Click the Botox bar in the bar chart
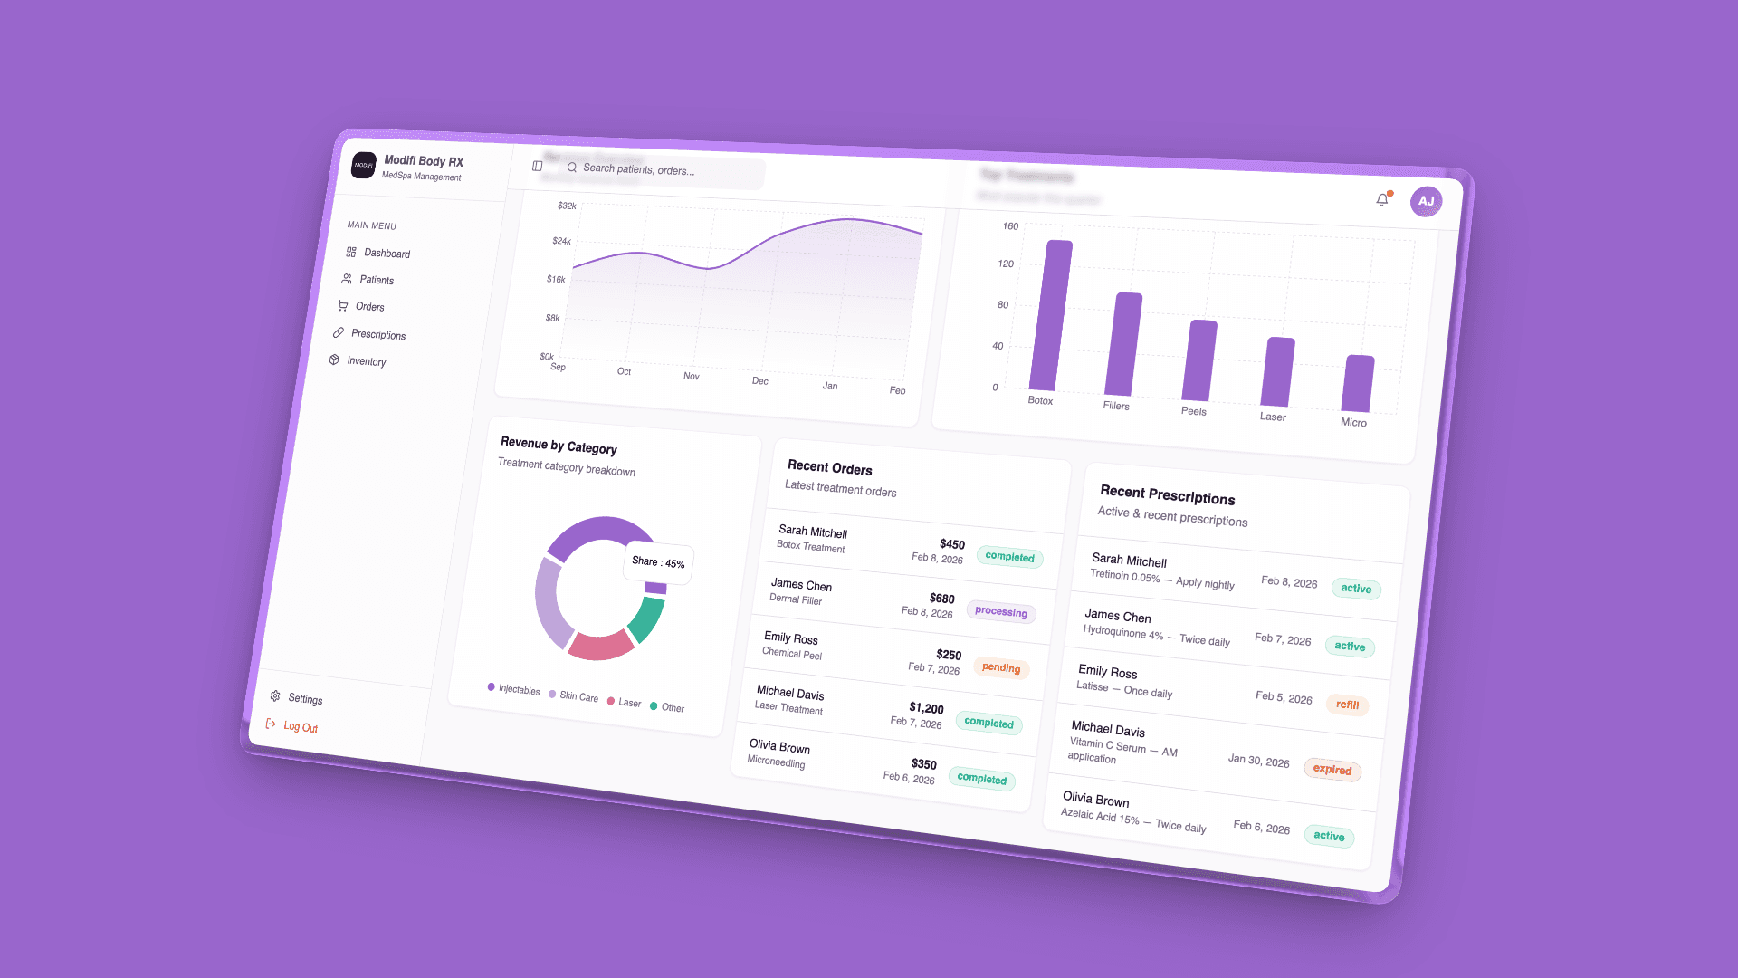[x=1051, y=316]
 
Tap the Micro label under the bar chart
[x=1353, y=423]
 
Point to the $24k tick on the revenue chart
[x=561, y=241]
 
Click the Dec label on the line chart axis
[x=760, y=381]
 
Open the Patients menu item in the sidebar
[x=376, y=280]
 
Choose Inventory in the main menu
[x=366, y=361]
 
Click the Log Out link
[x=300, y=727]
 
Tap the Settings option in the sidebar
[x=305, y=699]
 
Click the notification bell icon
[x=1382, y=200]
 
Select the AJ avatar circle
[x=1426, y=201]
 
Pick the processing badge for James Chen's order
[x=1001, y=612]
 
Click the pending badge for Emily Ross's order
[x=1001, y=668]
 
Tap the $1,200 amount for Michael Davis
[x=926, y=708]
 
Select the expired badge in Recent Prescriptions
[x=1332, y=770]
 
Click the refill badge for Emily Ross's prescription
[x=1347, y=705]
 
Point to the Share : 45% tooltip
[x=658, y=562]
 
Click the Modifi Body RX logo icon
[x=364, y=166]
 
